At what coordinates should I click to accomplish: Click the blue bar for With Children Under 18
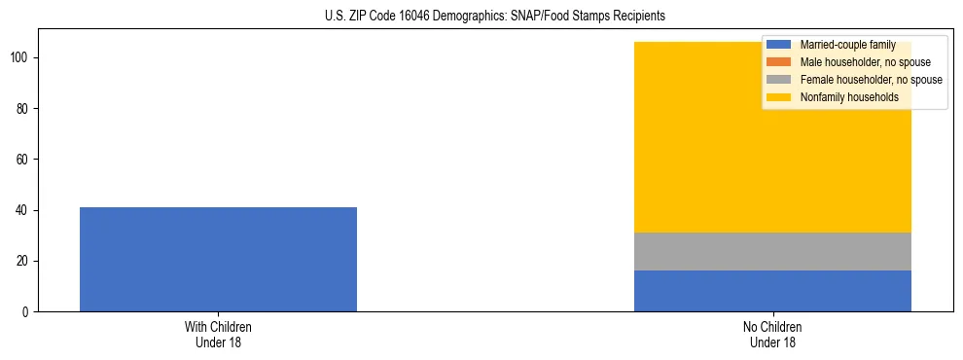coord(218,259)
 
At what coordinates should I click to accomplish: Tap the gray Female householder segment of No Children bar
coord(772,251)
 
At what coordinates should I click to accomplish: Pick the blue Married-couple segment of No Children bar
coord(772,291)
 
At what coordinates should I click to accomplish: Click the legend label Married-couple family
coord(847,45)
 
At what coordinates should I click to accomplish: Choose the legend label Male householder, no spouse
coord(865,62)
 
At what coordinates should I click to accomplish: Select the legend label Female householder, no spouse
coord(871,80)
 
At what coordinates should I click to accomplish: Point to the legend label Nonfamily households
coord(848,97)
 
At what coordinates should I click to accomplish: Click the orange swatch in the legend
coord(779,62)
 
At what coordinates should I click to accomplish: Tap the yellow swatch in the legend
coord(779,97)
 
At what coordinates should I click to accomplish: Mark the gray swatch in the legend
coord(779,80)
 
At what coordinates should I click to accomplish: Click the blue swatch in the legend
coord(779,45)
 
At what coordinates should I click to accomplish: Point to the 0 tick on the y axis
coord(27,312)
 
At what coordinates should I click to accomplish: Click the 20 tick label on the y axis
coord(24,262)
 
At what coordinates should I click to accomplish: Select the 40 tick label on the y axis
coord(24,210)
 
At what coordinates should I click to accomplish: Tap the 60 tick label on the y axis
coord(24,160)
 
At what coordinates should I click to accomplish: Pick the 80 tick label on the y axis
coord(24,109)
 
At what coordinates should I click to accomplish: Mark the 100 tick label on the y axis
coord(21,58)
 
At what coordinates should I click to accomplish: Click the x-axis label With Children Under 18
coord(218,335)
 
